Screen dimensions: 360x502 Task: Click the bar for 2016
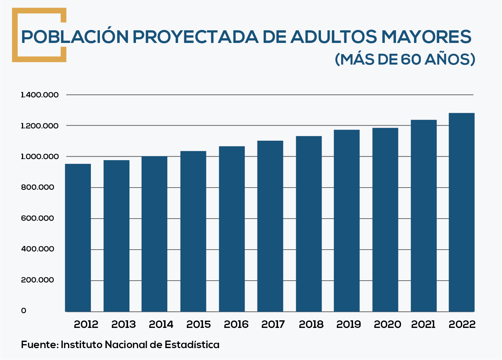[232, 229]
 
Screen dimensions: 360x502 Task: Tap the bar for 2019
[347, 220]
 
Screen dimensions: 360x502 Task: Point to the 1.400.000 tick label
[40, 95]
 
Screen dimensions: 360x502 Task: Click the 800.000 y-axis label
[38, 187]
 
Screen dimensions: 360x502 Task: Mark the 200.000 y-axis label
[38, 280]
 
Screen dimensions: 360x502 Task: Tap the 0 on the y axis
[24, 311]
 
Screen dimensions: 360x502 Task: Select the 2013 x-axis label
[123, 324]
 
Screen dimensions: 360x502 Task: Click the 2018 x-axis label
[311, 324]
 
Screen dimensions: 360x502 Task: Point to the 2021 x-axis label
[423, 324]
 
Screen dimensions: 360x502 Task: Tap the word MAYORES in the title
[426, 37]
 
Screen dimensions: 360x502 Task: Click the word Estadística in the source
[192, 345]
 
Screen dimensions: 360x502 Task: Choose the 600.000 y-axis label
[38, 218]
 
